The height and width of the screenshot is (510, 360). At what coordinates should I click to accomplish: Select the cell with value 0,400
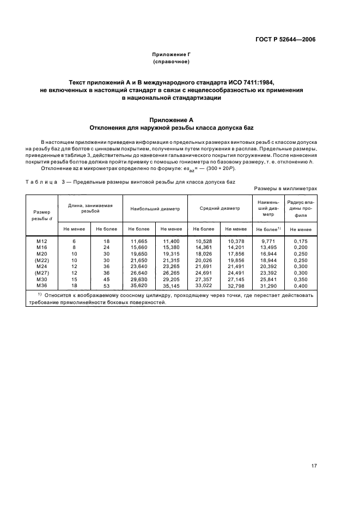[x=301, y=285]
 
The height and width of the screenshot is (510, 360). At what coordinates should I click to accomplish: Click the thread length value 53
[x=107, y=285]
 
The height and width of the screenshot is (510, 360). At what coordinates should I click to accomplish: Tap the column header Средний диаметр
[x=219, y=208]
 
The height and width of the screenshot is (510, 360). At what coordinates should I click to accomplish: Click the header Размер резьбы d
[x=42, y=215]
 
